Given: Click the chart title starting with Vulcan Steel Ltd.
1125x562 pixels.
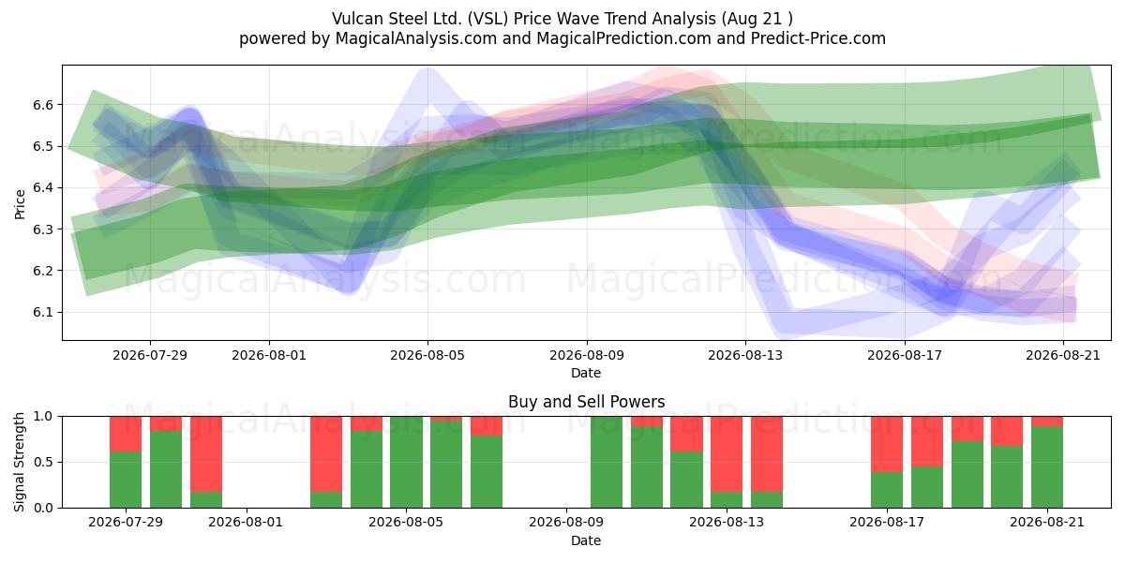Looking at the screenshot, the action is pyautogui.click(x=562, y=19).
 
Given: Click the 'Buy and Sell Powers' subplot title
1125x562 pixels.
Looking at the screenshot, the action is pyautogui.click(x=586, y=402).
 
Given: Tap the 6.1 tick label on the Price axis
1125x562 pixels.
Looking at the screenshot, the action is pyautogui.click(x=43, y=312).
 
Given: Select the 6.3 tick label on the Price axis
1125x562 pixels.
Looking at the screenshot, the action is pyautogui.click(x=43, y=229).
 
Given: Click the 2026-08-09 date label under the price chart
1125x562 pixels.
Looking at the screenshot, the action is pyautogui.click(x=587, y=355).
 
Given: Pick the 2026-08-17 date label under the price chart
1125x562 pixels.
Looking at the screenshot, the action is pyautogui.click(x=905, y=355).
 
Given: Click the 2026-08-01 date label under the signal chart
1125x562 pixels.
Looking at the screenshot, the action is pyautogui.click(x=246, y=523).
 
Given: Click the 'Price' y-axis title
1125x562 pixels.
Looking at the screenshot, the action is pyautogui.click(x=20, y=204).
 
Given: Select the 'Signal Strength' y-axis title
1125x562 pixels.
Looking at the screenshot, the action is pyautogui.click(x=19, y=462).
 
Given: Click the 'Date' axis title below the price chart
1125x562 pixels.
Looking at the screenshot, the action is pyautogui.click(x=586, y=374).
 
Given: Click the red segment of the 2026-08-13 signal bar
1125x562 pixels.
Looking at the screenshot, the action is pyautogui.click(x=727, y=454).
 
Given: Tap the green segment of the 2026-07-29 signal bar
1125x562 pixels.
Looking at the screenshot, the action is pyautogui.click(x=126, y=480).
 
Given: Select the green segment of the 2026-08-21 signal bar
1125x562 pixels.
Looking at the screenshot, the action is pyautogui.click(x=1047, y=467).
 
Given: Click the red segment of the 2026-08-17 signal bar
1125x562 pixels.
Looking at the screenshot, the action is pyautogui.click(x=887, y=444).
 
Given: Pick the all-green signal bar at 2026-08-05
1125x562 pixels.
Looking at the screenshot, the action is pyautogui.click(x=406, y=462).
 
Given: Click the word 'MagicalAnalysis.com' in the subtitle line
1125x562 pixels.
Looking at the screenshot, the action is pyautogui.click(x=416, y=38).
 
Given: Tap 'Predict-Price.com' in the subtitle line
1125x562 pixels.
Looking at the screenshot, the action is pyautogui.click(x=818, y=38).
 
